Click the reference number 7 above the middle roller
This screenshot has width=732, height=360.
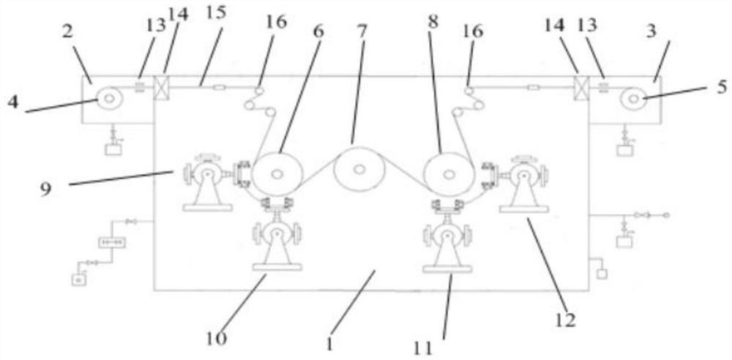click(x=362, y=30)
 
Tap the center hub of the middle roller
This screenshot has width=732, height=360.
click(x=359, y=170)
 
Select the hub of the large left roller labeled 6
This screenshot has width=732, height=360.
click(x=277, y=174)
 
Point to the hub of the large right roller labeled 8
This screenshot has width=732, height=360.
click(x=448, y=174)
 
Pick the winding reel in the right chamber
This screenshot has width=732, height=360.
click(x=632, y=99)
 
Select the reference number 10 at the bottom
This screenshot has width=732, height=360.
click(x=217, y=339)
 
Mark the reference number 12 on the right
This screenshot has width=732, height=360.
click(x=566, y=320)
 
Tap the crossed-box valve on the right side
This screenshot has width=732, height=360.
click(x=583, y=86)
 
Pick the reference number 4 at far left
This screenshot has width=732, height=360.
click(x=13, y=100)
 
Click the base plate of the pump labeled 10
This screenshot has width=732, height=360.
click(x=277, y=267)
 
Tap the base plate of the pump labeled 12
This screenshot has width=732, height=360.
click(x=524, y=209)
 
